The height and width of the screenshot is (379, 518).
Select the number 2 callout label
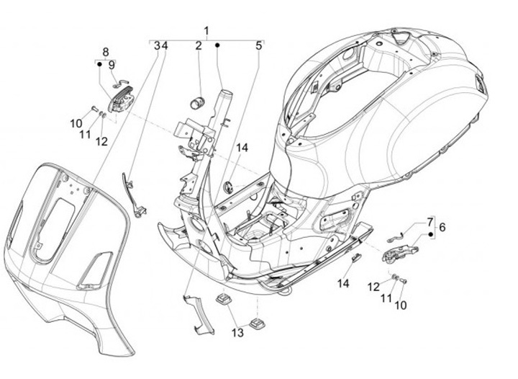pos(198,45)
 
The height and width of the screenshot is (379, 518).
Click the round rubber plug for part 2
pos(196,100)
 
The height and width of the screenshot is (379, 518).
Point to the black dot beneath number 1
pos(218,45)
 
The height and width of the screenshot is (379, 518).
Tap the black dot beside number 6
pos(430,234)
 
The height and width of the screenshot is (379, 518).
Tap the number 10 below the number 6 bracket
pos(400,305)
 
